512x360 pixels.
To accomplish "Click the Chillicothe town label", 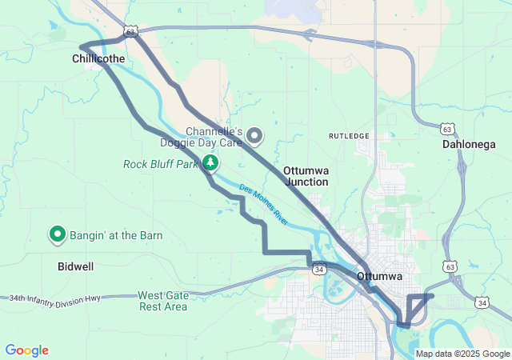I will click(x=98, y=59).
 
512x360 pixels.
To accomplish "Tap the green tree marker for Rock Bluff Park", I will click(x=210, y=163).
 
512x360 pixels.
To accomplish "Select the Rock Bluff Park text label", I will click(x=160, y=164).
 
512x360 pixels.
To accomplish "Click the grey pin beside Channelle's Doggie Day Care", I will click(x=255, y=136).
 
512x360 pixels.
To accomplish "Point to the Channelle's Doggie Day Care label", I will click(x=213, y=137).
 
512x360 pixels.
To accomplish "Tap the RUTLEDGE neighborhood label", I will click(x=350, y=136).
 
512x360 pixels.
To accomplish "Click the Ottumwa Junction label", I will click(x=306, y=176).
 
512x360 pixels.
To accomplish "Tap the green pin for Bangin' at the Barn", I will click(x=58, y=234).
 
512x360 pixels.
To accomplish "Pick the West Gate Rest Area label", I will click(x=163, y=301).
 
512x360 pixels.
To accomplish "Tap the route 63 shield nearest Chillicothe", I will click(x=131, y=30).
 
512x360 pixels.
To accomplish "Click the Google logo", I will click(x=26, y=350).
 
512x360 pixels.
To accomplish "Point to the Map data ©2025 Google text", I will click(x=462, y=354).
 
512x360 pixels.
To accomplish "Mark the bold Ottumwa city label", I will click(x=379, y=277).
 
